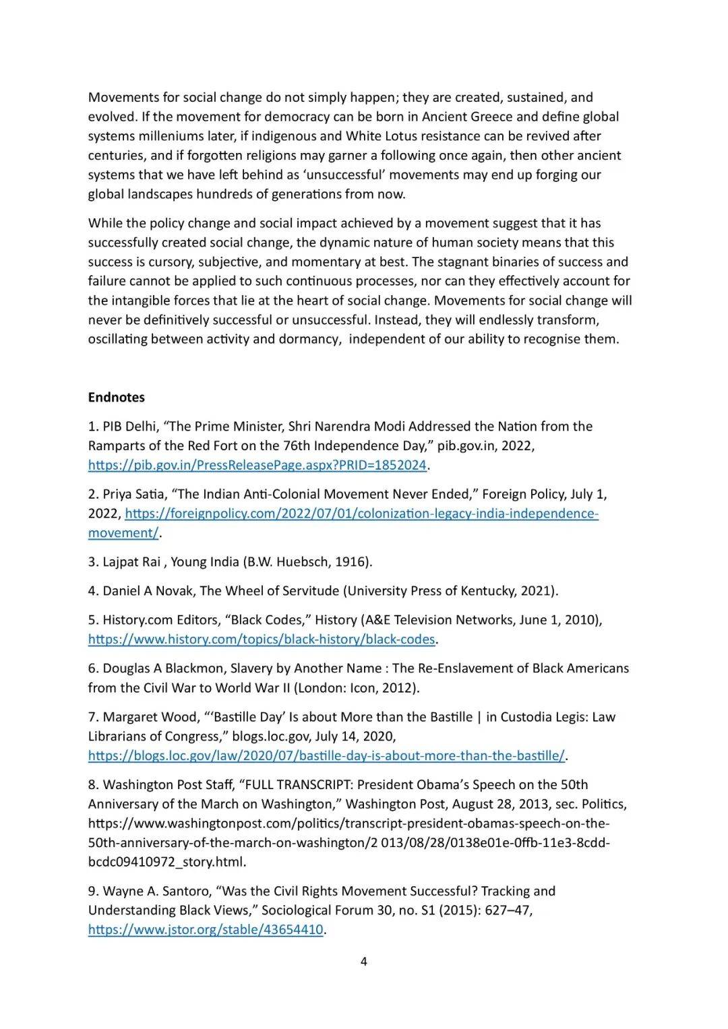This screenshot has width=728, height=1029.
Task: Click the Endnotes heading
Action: click(116, 397)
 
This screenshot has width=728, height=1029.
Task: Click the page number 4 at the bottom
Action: click(364, 961)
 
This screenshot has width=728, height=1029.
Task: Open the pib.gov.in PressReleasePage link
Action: click(257, 465)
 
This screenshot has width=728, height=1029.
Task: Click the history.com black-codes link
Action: click(262, 639)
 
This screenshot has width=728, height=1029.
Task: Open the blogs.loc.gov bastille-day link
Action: click(326, 755)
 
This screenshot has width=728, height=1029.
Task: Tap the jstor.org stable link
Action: click(206, 930)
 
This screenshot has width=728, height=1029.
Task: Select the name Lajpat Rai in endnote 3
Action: click(131, 561)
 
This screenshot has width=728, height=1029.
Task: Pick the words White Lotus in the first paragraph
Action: click(382, 135)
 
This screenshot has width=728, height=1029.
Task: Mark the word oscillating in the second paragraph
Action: click(117, 339)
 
